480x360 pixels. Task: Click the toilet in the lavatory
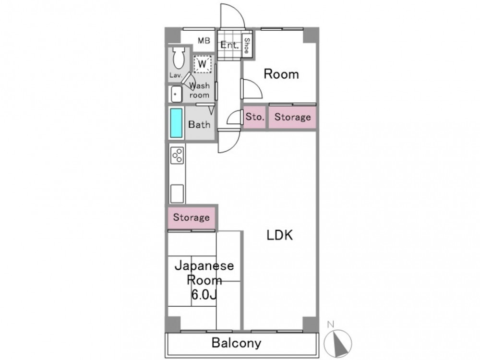tap(179, 58)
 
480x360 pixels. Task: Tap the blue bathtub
tap(176, 123)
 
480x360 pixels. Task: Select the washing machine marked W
tap(203, 64)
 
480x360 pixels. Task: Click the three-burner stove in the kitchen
tap(178, 156)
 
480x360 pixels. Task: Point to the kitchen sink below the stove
tap(177, 193)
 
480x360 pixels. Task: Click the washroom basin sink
tap(176, 94)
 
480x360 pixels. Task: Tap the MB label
tap(204, 40)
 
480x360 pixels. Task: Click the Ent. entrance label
tap(229, 45)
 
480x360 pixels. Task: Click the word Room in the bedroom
tap(281, 74)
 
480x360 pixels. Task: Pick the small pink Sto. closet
tap(255, 117)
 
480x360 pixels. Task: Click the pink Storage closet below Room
tap(292, 117)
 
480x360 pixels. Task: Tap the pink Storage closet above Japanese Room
tap(192, 217)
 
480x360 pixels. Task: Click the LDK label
tap(280, 235)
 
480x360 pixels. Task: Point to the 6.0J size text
tap(204, 295)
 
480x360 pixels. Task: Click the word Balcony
tap(236, 343)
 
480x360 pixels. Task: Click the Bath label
tap(199, 124)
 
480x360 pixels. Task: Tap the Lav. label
tap(176, 75)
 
